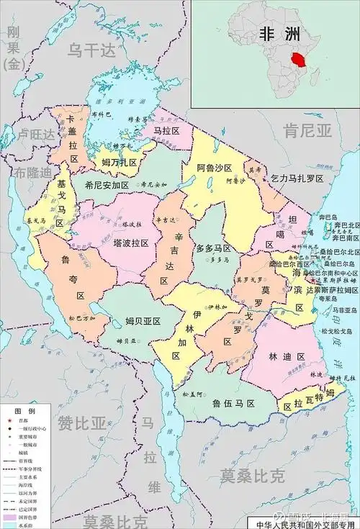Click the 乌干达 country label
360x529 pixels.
(x=91, y=50)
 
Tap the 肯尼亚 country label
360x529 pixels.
(x=307, y=130)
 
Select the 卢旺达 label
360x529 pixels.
(x=37, y=135)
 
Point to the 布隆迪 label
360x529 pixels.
(x=34, y=173)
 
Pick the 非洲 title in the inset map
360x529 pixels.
(x=280, y=32)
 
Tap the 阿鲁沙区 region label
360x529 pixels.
(x=214, y=168)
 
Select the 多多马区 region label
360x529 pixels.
(x=214, y=248)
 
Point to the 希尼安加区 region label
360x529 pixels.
(x=106, y=185)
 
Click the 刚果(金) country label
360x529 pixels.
(x=14, y=48)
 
